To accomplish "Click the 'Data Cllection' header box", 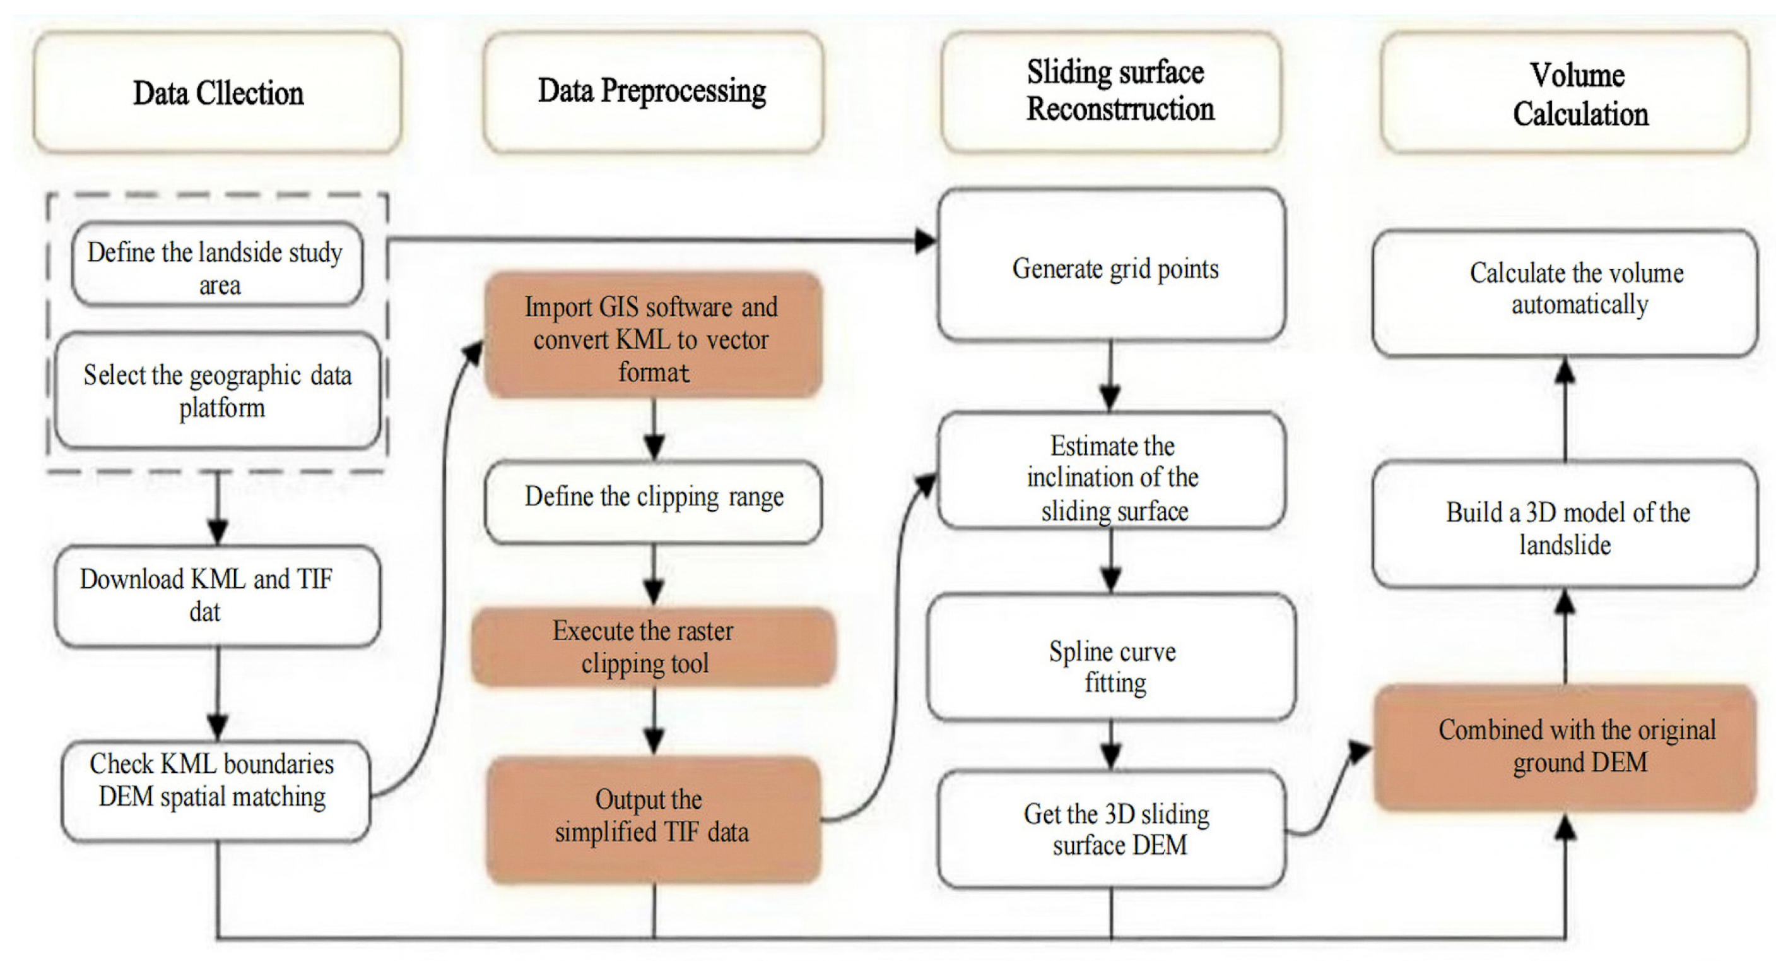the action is point(217,92).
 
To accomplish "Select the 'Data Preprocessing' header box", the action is point(653,92).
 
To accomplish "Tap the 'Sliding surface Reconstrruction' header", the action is point(1112,92).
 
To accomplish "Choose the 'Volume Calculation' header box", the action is point(1566,92).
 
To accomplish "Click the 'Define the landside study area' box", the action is point(217,263).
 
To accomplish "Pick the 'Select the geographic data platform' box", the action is point(217,390).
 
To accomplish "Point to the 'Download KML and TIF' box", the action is point(217,596).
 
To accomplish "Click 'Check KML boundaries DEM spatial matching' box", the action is point(216,791).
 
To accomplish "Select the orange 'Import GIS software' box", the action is point(653,336).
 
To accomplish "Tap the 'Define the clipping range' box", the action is point(653,501).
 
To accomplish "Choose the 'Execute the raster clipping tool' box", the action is point(653,647).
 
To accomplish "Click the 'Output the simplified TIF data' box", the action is point(653,820).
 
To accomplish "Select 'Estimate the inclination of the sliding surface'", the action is point(1112,470).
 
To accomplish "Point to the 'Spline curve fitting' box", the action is point(1112,657).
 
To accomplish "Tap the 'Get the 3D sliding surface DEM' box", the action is point(1112,829).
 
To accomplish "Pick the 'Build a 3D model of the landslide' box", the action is point(1566,524).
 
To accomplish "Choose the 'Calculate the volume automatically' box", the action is point(1566,293).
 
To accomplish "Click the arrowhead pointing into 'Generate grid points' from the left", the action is point(926,241).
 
